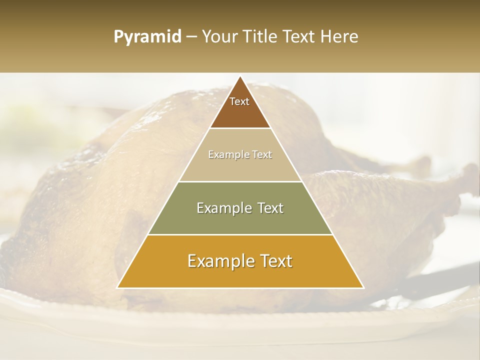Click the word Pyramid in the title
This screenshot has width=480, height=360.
[147, 37]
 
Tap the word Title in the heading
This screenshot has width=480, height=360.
[261, 36]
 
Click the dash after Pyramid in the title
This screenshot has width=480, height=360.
[191, 37]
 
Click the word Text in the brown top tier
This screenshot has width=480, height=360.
[239, 101]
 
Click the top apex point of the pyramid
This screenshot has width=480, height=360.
[240, 76]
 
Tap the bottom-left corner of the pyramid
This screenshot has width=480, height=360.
[117, 287]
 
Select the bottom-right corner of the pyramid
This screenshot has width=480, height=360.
[363, 287]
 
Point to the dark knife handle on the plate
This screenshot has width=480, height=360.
[440, 280]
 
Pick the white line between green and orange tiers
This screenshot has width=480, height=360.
[240, 234]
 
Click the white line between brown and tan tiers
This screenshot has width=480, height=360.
[240, 128]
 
